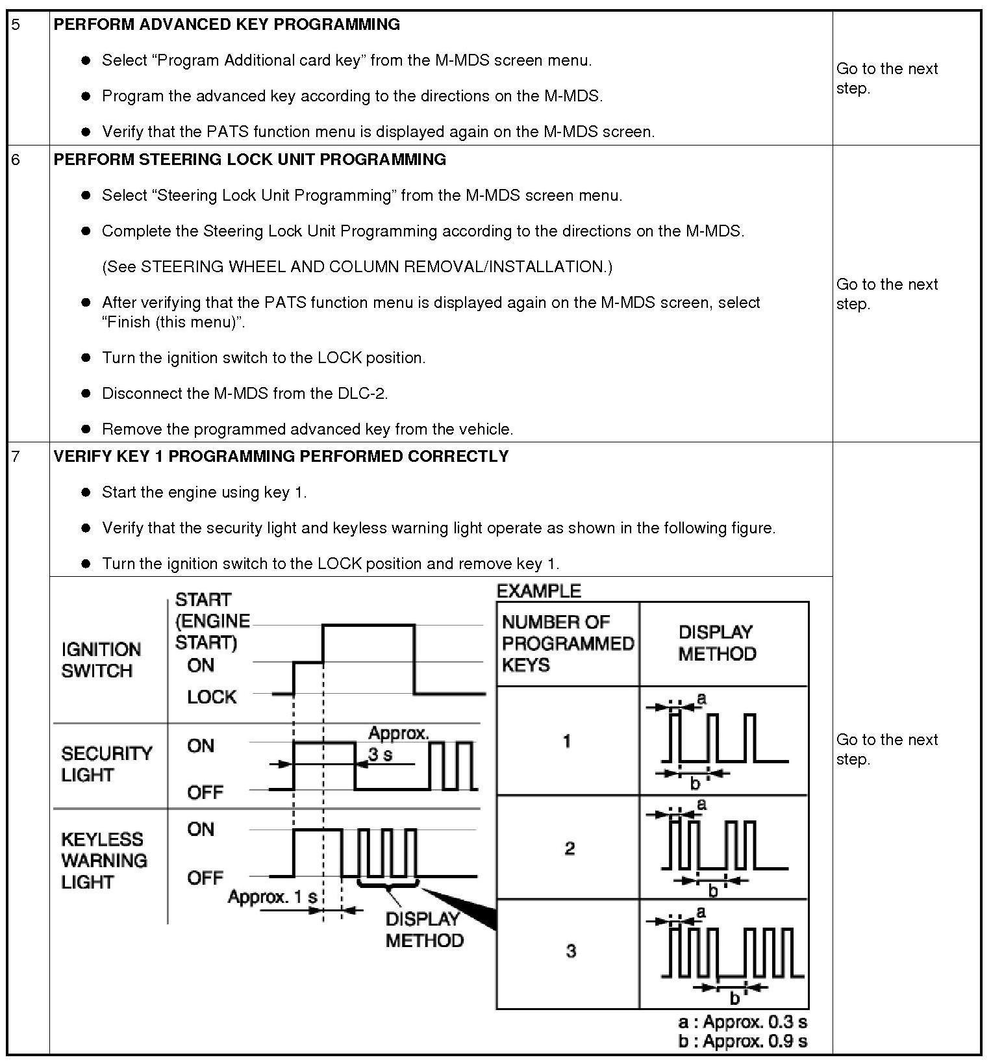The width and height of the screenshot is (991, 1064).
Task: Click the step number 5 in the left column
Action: coord(16,25)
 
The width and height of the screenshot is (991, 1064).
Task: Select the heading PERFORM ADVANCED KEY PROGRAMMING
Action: coord(227,25)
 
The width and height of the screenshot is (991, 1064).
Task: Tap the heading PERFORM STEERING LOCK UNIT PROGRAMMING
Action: coord(249,160)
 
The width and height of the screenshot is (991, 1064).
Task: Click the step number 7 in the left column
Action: coord(16,457)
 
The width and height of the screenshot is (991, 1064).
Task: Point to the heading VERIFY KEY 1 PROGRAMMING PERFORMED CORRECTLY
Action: coord(281,457)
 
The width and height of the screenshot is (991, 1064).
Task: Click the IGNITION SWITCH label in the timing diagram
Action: coord(101,660)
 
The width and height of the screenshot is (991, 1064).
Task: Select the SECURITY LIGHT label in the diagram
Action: coord(107,764)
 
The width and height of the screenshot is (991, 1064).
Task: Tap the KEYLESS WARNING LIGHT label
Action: coord(104,860)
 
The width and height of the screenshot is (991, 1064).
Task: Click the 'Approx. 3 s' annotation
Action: coord(397,744)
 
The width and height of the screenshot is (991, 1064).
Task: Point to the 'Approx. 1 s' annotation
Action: coord(273,897)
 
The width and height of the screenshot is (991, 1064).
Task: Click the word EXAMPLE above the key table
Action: coord(538,591)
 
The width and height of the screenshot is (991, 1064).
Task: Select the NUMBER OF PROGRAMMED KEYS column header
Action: coord(567,643)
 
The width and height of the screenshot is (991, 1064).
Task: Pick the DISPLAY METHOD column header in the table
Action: coord(717,642)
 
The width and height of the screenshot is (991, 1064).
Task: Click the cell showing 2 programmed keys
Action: coord(569,848)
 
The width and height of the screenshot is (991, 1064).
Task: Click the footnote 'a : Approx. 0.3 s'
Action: coord(742,1022)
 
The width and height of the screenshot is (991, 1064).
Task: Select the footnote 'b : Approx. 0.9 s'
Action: coord(742,1041)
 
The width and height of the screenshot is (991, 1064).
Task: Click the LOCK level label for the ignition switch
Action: coord(212,697)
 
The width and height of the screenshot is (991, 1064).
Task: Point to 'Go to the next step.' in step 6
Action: coord(886,294)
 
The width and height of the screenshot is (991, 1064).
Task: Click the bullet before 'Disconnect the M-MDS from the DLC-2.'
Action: coord(86,394)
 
